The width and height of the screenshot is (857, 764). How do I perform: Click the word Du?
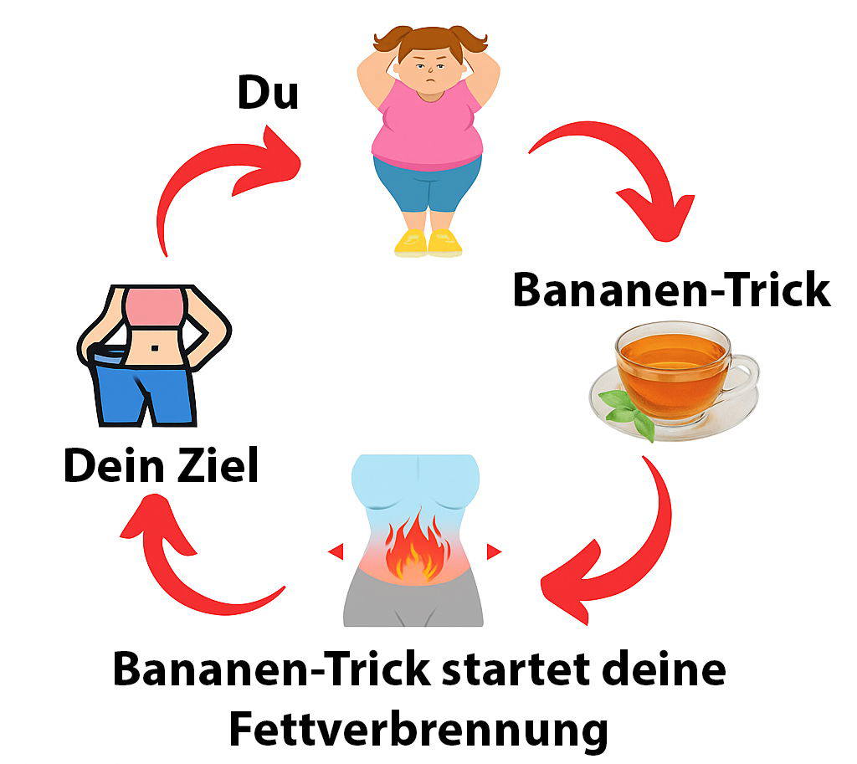point(268,93)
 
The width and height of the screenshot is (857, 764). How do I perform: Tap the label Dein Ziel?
point(161,467)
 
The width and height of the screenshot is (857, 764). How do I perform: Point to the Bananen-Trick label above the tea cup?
point(671,290)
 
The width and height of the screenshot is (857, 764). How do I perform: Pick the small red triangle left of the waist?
point(336,551)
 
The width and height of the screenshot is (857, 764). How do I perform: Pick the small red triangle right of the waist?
point(494,551)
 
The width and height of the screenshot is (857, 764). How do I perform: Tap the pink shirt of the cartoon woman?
point(427,126)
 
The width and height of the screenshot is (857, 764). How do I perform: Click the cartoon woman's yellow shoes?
point(428,243)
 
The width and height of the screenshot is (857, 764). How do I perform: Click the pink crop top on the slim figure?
point(154,307)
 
